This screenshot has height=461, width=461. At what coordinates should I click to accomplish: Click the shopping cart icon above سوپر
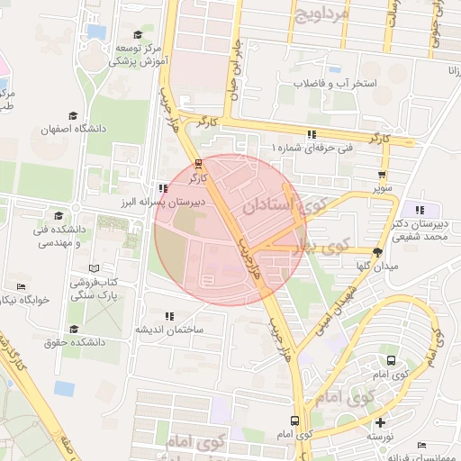(384, 176)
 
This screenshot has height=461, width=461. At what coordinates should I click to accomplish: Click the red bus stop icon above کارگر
(198, 164)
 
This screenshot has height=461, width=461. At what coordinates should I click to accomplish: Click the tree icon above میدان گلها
(376, 252)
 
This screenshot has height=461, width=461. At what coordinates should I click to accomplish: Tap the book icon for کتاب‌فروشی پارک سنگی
(95, 269)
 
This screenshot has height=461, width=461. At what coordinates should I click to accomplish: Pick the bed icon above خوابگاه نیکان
(21, 287)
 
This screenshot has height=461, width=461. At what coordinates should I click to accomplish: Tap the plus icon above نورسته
(381, 422)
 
